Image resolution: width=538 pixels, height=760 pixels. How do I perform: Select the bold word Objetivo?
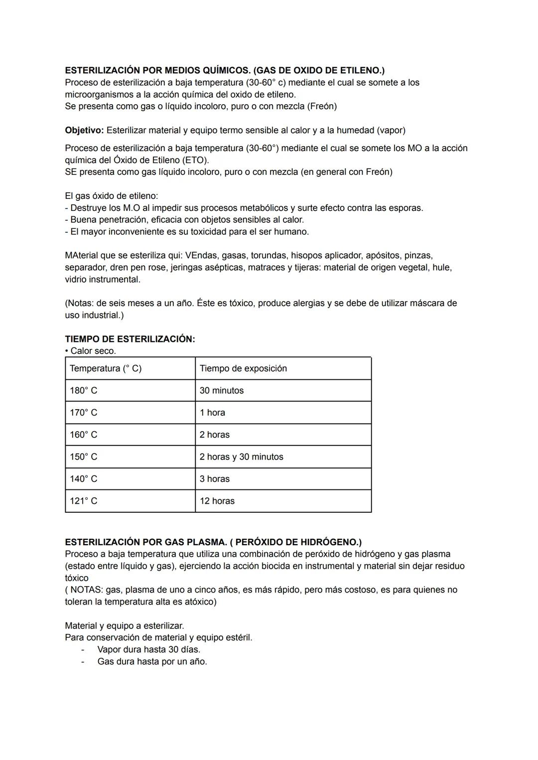(x=84, y=130)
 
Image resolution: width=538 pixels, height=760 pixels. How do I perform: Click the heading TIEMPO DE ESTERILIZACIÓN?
(x=130, y=339)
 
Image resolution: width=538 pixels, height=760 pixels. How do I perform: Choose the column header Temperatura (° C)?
(x=106, y=368)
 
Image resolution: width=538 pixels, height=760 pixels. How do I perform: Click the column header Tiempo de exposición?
(x=243, y=368)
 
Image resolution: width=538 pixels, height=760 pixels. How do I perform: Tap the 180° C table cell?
(x=84, y=391)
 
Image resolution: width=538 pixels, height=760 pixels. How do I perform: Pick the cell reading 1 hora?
(x=212, y=413)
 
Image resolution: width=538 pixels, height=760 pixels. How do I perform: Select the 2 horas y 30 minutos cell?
(x=241, y=457)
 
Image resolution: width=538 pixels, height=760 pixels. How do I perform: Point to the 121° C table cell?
(x=84, y=501)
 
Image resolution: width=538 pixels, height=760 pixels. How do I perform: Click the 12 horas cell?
(x=217, y=501)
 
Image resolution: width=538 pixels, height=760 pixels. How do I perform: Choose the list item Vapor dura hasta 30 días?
(x=148, y=649)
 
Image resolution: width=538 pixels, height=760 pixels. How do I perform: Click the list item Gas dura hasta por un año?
(x=152, y=661)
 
